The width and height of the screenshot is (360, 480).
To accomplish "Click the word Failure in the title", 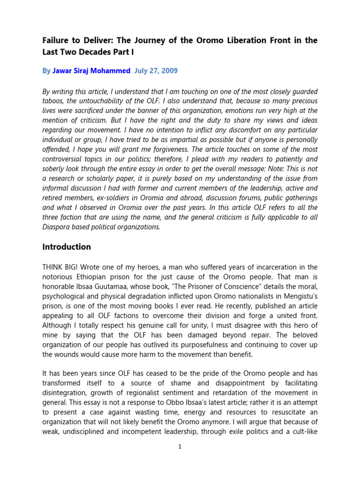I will (56, 41).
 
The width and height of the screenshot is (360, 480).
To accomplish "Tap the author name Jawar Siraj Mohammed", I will (91, 71).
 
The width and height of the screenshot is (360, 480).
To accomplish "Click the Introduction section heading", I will (67, 247).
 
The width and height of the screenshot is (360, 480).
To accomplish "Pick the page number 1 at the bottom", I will (180, 447).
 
